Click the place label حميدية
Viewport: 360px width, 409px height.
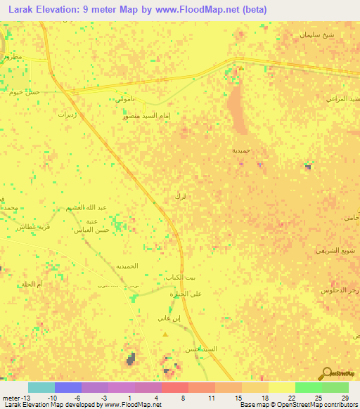(x=241, y=150)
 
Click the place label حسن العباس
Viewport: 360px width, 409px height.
(x=92, y=231)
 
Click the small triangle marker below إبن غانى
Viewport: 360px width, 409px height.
(x=166, y=335)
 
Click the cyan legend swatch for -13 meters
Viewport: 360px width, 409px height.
(x=41, y=387)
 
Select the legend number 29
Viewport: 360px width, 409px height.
(x=344, y=398)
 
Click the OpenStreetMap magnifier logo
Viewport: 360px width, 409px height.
(x=326, y=374)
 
